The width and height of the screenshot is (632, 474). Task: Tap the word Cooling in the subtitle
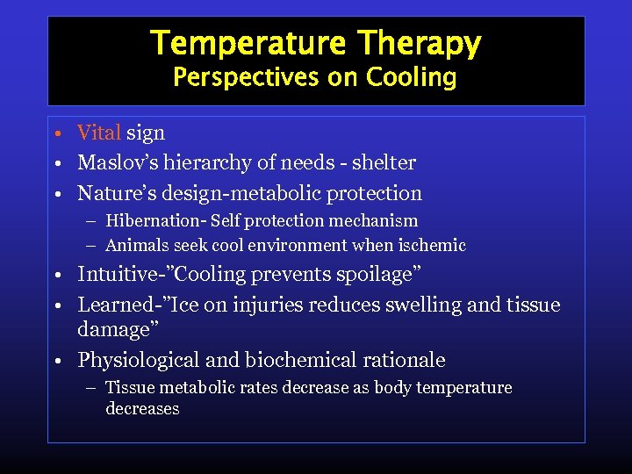pyautogui.click(x=412, y=77)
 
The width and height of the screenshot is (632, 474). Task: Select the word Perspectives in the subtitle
pyautogui.click(x=247, y=77)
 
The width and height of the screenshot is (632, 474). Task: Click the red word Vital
pyautogui.click(x=99, y=133)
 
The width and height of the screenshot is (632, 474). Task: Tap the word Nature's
pyautogui.click(x=113, y=192)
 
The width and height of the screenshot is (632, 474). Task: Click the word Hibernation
pyautogui.click(x=152, y=220)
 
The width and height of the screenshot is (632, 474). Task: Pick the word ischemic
pyautogui.click(x=432, y=246)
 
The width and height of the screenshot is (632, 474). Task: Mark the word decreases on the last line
pyautogui.click(x=142, y=409)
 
